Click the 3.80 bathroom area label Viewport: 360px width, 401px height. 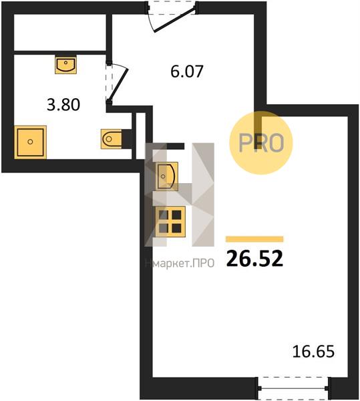[x=63, y=105]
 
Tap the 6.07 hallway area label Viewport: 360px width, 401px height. [x=187, y=72]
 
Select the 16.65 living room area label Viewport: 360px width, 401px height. [x=313, y=352]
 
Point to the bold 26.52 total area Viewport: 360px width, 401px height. [x=254, y=258]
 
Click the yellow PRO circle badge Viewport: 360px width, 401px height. [x=261, y=143]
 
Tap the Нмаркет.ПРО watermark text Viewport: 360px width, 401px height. [x=180, y=263]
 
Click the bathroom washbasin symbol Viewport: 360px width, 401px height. [x=65, y=65]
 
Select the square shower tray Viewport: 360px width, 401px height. [x=31, y=142]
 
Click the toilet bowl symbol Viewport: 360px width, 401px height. [x=112, y=139]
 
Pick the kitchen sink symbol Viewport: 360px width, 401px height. [x=167, y=176]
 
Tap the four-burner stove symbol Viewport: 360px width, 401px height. [x=170, y=221]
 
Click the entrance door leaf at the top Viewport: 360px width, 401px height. [x=175, y=19]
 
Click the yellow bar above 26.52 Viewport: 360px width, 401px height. [x=254, y=239]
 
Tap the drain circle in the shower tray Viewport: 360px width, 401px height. [x=30, y=142]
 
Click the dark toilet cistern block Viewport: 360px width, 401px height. [x=127, y=139]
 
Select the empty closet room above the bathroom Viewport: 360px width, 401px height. [x=60, y=32]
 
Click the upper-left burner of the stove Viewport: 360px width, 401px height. [x=164, y=215]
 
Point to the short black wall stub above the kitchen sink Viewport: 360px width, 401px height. [x=175, y=146]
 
